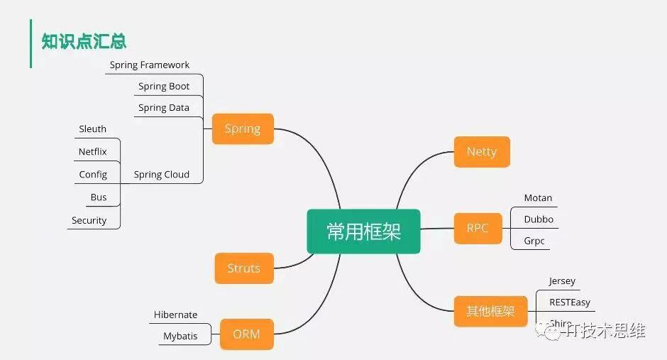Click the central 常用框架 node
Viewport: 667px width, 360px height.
pyautogui.click(x=363, y=231)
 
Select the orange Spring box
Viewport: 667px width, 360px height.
pyautogui.click(x=243, y=129)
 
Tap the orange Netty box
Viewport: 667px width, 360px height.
pyautogui.click(x=482, y=152)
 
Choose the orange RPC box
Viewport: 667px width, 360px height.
pyautogui.click(x=478, y=228)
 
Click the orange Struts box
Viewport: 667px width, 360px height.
pyautogui.click(x=243, y=268)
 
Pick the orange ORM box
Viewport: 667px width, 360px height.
pyautogui.click(x=246, y=334)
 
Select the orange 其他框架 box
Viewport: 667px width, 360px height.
pyautogui.click(x=490, y=311)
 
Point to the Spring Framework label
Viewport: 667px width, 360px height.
pyautogui.click(x=150, y=65)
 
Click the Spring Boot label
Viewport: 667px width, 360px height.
pyautogui.click(x=164, y=87)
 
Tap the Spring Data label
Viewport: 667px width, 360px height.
pyautogui.click(x=164, y=108)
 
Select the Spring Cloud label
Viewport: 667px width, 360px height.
pyautogui.click(x=162, y=175)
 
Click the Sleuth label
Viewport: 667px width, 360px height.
pyautogui.click(x=93, y=129)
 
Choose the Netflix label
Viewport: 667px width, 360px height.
pyautogui.click(x=93, y=152)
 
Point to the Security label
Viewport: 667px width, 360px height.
pyautogui.click(x=89, y=221)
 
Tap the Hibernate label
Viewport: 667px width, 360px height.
pyautogui.click(x=176, y=315)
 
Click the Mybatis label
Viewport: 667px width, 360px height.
pyautogui.click(x=180, y=336)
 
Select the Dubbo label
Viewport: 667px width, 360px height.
pyautogui.click(x=539, y=219)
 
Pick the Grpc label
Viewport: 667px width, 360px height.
pyautogui.click(x=534, y=241)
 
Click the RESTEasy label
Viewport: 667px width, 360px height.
pyautogui.click(x=570, y=302)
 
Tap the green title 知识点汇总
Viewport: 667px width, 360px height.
pyautogui.click(x=84, y=41)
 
